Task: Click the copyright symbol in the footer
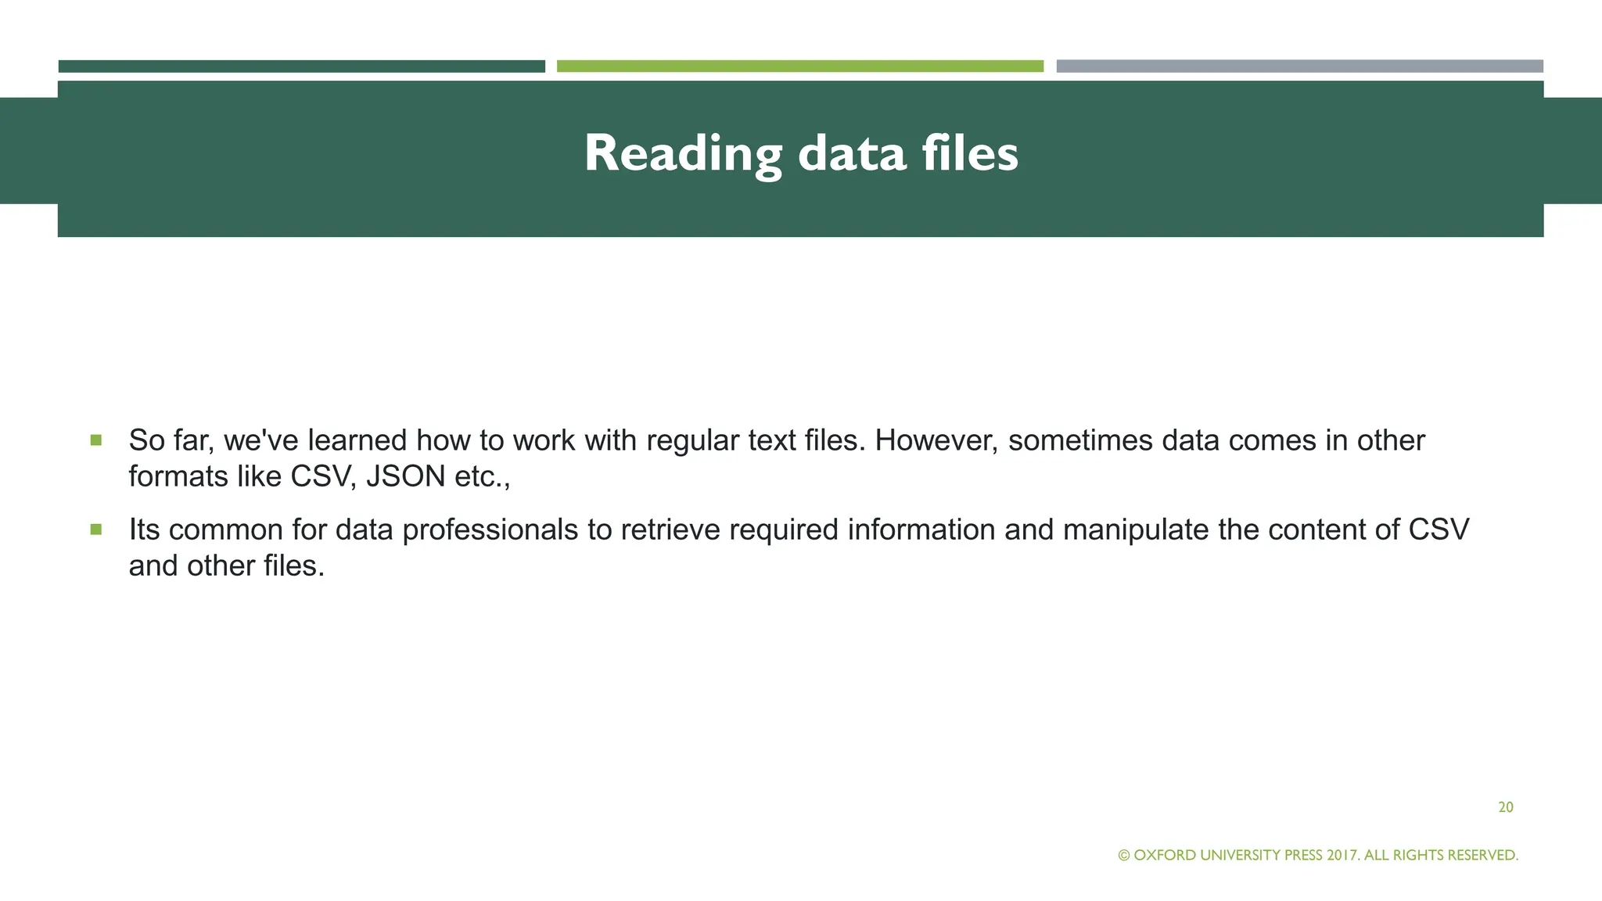[1124, 856]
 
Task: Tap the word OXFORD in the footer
[1165, 856]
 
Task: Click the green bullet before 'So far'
[96, 440]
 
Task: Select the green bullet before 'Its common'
[96, 529]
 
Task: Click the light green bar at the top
[799, 66]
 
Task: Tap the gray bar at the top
[1299, 66]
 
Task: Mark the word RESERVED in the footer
[1482, 856]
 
